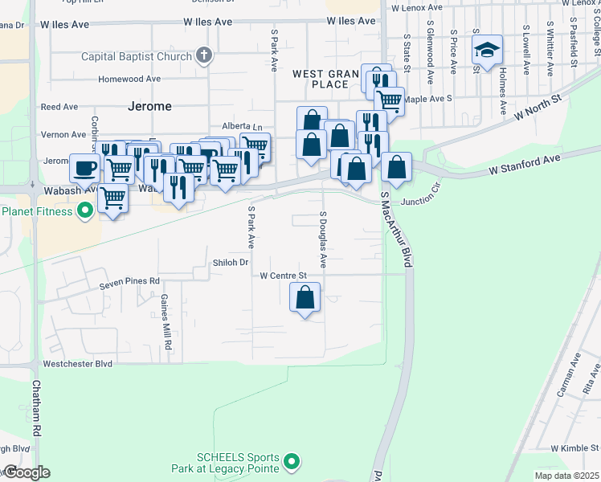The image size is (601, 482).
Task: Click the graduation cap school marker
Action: [487, 50]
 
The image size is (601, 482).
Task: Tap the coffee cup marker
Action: [85, 169]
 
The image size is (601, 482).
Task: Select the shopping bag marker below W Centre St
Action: [305, 298]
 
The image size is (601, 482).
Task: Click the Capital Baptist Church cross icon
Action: [204, 56]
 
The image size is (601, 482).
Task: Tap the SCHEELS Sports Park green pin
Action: [292, 462]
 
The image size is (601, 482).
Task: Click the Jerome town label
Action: [149, 106]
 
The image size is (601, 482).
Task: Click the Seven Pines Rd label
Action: [129, 282]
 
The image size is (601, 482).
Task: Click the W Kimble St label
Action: [575, 447]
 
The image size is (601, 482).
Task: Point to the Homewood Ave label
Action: [129, 79]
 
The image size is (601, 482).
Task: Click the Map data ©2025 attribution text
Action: [566, 476]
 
